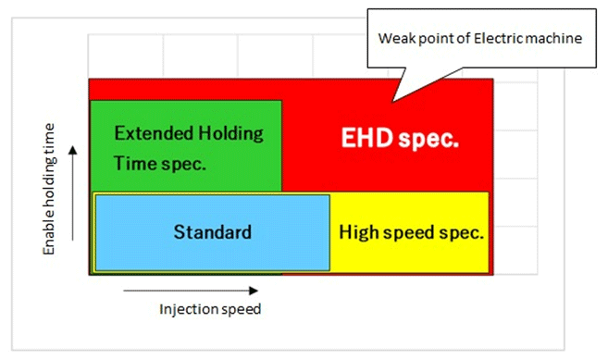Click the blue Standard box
[x=212, y=231]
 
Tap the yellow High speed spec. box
[x=411, y=231]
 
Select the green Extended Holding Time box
[x=185, y=146]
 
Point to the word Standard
[x=212, y=231]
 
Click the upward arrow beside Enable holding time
[x=72, y=191]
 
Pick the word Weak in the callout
[x=396, y=39]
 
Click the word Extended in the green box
[x=151, y=132]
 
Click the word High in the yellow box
[x=358, y=231]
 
